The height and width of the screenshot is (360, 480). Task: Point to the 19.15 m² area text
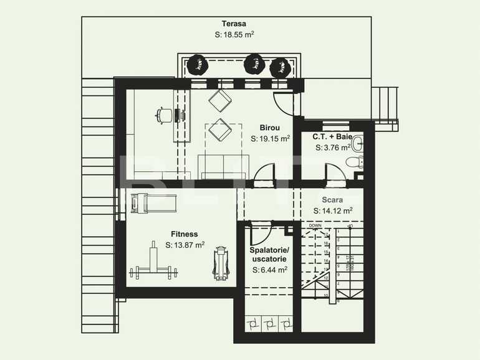tap(271, 138)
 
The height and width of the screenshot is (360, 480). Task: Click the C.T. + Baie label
tap(332, 136)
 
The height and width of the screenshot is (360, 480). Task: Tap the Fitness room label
tap(185, 234)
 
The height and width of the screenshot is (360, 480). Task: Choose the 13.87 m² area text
tap(185, 245)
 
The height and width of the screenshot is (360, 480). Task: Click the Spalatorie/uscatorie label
tap(269, 254)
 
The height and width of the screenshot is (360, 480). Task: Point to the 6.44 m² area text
tap(270, 270)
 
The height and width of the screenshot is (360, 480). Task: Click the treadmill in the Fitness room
tap(153, 203)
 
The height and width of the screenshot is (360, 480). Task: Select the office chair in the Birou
tap(165, 115)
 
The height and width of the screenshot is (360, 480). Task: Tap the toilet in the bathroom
tap(354, 163)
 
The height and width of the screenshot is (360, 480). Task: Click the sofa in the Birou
tap(224, 166)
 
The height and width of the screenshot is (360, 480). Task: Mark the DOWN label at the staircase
tap(315, 225)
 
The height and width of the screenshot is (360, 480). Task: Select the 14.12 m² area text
tap(333, 211)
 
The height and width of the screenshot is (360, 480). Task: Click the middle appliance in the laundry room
tap(269, 324)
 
